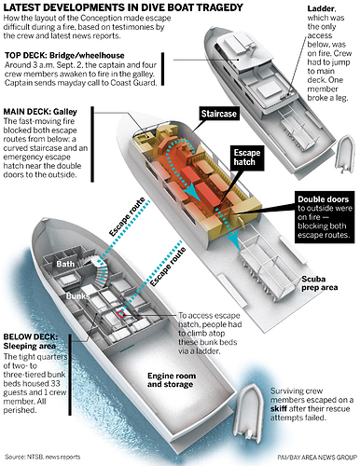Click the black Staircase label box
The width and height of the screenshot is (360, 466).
[218, 114]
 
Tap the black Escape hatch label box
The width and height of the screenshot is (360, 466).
[247, 158]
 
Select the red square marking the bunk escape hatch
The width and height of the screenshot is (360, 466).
[120, 314]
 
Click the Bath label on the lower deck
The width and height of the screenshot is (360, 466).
[65, 264]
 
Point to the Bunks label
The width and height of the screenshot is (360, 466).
[77, 296]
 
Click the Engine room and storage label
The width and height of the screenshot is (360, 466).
[172, 380]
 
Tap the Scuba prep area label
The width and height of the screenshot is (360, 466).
[319, 283]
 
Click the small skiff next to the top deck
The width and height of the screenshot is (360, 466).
[344, 153]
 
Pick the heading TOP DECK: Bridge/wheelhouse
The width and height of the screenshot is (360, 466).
[64, 56]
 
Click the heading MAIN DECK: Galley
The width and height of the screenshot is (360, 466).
[40, 112]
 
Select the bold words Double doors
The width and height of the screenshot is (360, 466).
[323, 199]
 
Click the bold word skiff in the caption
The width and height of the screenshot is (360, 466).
[279, 408]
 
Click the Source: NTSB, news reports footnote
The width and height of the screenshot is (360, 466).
[43, 457]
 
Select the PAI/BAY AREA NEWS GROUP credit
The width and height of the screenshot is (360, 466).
[317, 458]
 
